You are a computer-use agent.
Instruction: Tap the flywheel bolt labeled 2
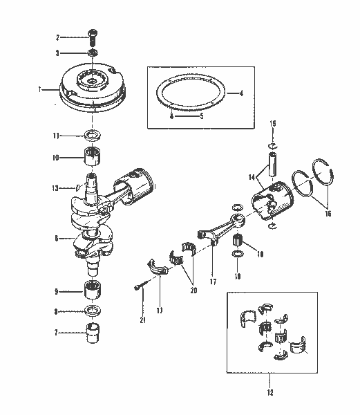point(93,36)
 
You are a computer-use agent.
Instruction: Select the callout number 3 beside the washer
point(57,53)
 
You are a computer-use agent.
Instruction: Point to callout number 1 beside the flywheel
point(41,89)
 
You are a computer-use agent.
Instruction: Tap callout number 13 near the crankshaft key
point(56,187)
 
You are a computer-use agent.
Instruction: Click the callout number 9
point(57,291)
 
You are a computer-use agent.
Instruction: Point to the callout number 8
point(57,311)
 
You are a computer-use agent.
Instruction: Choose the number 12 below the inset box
point(270,392)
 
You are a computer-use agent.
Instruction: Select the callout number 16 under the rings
point(328,214)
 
